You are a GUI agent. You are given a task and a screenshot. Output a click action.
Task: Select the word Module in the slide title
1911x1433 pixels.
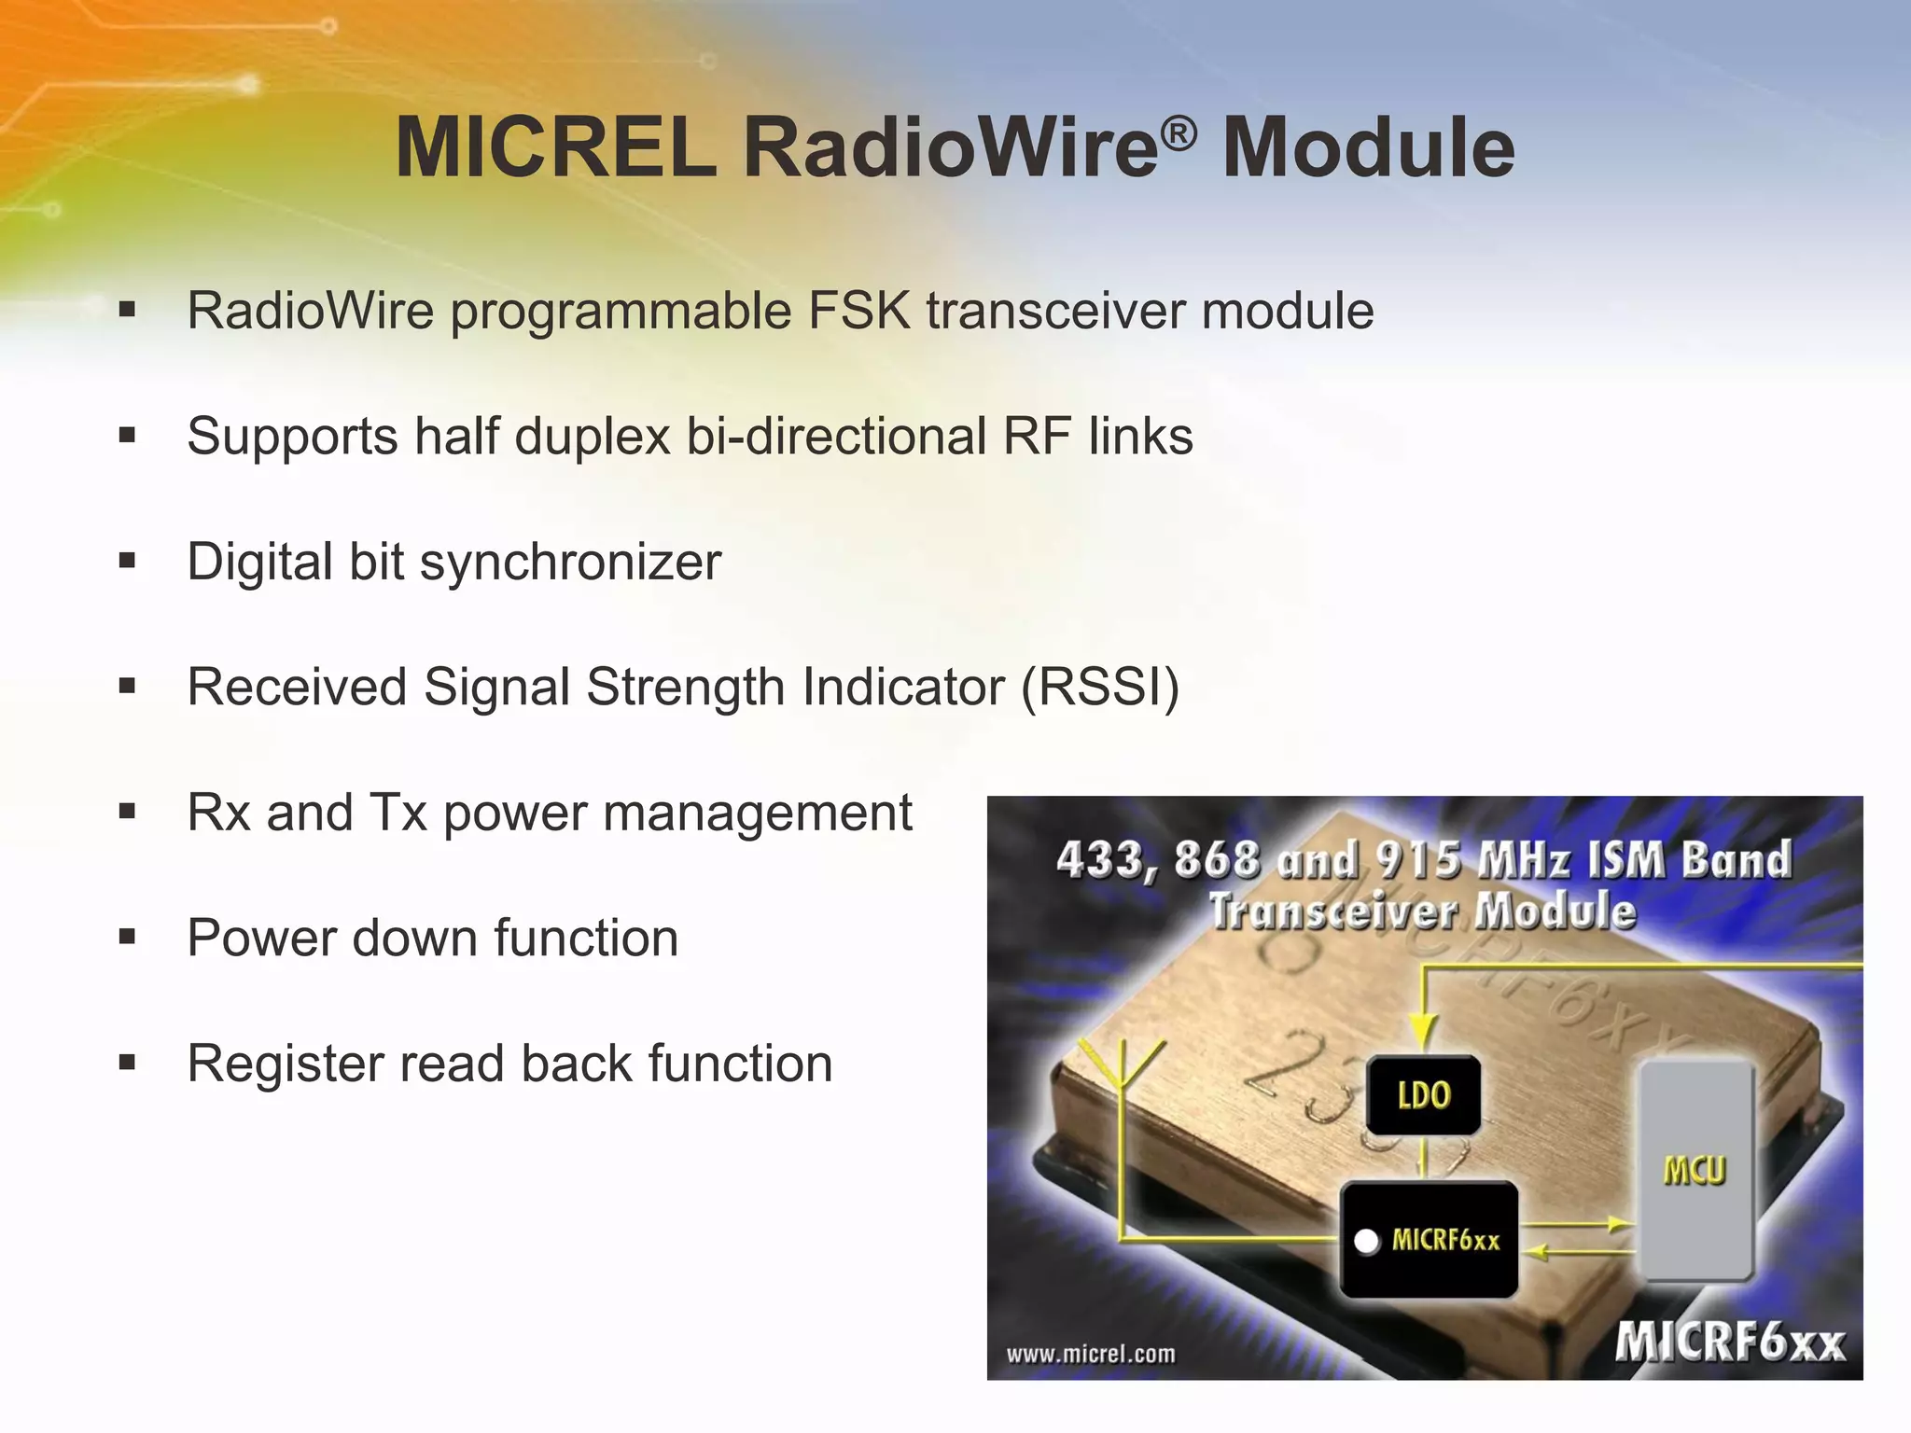click(x=1368, y=147)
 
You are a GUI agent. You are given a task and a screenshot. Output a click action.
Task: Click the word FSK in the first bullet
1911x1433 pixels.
click(x=858, y=311)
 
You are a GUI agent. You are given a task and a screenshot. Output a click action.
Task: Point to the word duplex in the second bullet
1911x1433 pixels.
click(x=592, y=437)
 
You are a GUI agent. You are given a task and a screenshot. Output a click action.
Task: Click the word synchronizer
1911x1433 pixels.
click(x=570, y=563)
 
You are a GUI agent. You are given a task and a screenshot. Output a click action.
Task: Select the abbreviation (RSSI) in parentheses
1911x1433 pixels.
click(x=1100, y=688)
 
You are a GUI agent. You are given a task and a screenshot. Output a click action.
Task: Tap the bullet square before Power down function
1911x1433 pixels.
click(x=128, y=937)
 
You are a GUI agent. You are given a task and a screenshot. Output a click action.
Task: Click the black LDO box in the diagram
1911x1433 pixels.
click(x=1423, y=1094)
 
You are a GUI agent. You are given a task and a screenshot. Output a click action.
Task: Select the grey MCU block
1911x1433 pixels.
click(x=1695, y=1170)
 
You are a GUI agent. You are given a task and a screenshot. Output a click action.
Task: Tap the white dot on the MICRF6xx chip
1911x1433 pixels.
click(x=1366, y=1242)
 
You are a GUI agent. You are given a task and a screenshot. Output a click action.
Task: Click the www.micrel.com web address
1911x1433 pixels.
click(x=1091, y=1354)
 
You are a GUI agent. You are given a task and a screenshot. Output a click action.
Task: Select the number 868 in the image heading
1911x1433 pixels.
click(x=1217, y=859)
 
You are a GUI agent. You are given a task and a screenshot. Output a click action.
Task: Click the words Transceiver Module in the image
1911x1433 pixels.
click(x=1422, y=911)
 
